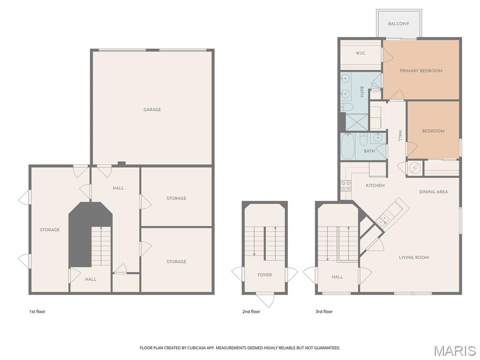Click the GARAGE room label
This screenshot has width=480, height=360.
point(152,110)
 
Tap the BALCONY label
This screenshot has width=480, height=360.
point(398,23)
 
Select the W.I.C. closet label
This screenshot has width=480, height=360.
point(360,53)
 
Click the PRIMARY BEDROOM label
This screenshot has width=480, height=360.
point(421,71)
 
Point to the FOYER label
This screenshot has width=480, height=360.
point(265,275)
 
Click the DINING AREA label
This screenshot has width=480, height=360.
point(434,192)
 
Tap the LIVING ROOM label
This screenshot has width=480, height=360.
point(414,257)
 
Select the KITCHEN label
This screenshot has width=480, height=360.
point(375,186)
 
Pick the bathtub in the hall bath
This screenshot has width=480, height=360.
point(348,146)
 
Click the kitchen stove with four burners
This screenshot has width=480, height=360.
point(346,186)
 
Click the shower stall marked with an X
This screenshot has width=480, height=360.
point(357,122)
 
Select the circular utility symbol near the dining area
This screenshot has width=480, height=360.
point(414,168)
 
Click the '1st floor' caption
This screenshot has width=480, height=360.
point(37,312)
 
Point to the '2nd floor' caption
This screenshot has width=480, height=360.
point(251,312)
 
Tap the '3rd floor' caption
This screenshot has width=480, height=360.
point(324,312)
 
